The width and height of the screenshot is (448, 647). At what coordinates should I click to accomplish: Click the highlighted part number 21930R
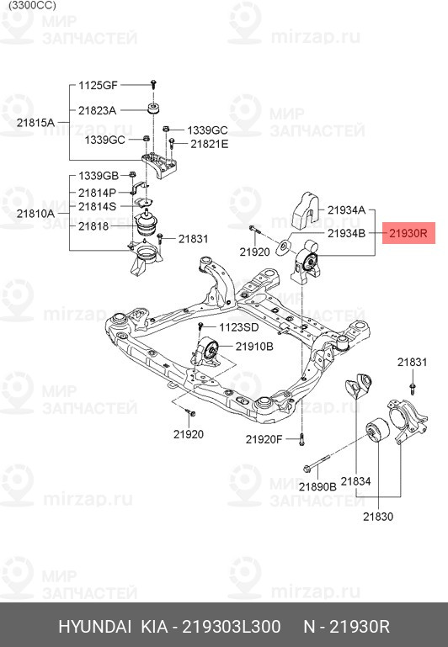click(x=408, y=233)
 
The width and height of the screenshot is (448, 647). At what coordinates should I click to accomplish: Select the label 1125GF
click(x=99, y=85)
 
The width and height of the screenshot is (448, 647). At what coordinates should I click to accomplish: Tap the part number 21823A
click(x=98, y=110)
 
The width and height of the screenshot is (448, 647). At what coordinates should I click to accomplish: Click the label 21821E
click(x=209, y=144)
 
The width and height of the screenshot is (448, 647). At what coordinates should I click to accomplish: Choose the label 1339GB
click(x=99, y=176)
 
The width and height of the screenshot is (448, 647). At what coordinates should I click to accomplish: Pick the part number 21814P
click(x=98, y=193)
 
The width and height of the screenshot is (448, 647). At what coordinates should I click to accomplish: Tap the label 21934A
click(x=346, y=209)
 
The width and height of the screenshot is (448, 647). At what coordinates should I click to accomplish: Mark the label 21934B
click(x=346, y=232)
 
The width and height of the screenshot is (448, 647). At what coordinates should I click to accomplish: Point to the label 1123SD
click(x=239, y=326)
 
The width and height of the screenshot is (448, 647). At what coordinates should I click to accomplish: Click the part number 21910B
click(x=254, y=346)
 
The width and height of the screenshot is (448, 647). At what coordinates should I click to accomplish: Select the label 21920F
click(x=264, y=439)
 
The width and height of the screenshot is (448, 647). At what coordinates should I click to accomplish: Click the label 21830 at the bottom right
click(x=378, y=517)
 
